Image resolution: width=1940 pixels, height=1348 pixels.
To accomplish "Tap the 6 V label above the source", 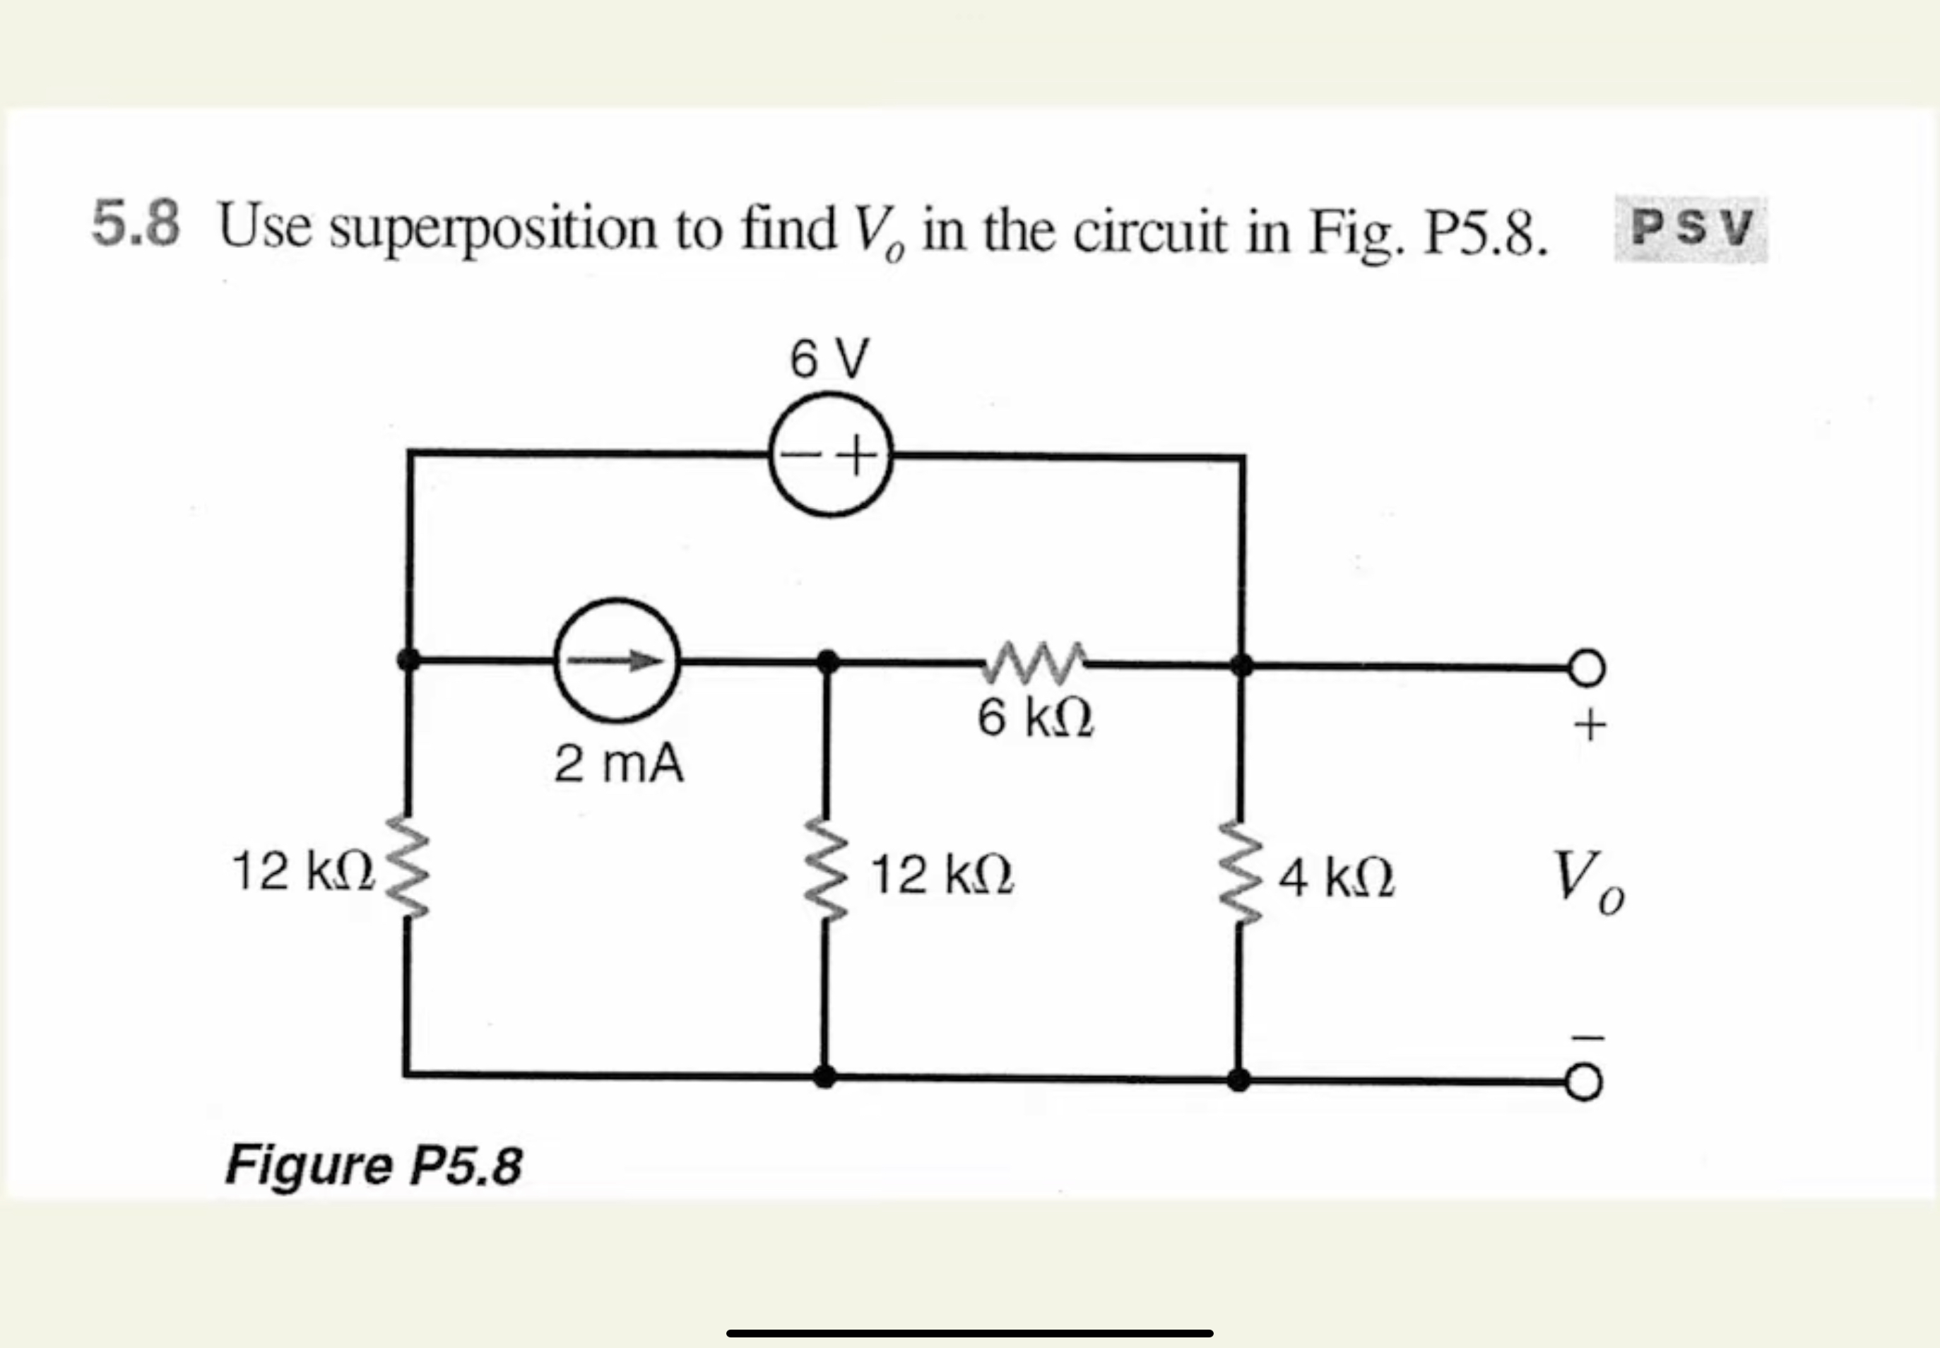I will pos(829,359).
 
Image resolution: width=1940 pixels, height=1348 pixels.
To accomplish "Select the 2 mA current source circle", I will pos(617,661).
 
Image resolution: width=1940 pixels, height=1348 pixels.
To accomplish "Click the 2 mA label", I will pos(619,764).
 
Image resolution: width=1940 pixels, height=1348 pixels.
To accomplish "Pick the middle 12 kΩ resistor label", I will pos(942,875).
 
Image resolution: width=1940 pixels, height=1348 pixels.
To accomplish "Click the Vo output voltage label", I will pos(1587,882).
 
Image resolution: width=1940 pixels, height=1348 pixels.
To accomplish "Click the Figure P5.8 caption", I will pos(373,1165).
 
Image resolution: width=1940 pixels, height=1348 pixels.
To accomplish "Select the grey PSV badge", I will pos(1691,228).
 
